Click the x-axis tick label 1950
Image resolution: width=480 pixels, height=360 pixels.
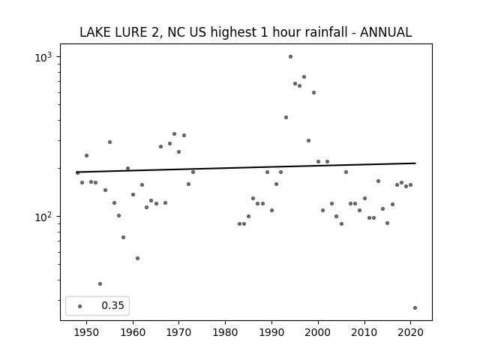[x=87, y=332]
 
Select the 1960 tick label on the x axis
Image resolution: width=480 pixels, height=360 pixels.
[x=133, y=332]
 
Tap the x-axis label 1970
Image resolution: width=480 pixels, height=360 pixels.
[x=179, y=332]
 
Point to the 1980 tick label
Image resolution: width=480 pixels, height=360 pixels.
[x=225, y=332]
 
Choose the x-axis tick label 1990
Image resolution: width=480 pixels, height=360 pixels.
[x=271, y=332]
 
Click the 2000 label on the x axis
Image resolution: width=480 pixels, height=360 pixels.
[x=318, y=332]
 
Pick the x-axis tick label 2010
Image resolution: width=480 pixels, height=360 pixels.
[x=364, y=332]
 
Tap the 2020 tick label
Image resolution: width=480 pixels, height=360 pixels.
[x=410, y=332]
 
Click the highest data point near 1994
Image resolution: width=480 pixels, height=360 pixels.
[x=290, y=57]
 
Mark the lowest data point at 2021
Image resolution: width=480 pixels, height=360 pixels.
[x=415, y=308]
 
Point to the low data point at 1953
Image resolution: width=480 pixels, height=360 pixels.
[x=100, y=284]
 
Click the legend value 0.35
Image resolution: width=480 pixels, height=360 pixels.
[x=112, y=305]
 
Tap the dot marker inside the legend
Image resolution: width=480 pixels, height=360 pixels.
[x=80, y=306]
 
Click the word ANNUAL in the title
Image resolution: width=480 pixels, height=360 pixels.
[x=385, y=32]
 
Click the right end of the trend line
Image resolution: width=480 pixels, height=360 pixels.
[x=415, y=163]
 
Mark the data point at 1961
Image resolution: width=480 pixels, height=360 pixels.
[x=137, y=258]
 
